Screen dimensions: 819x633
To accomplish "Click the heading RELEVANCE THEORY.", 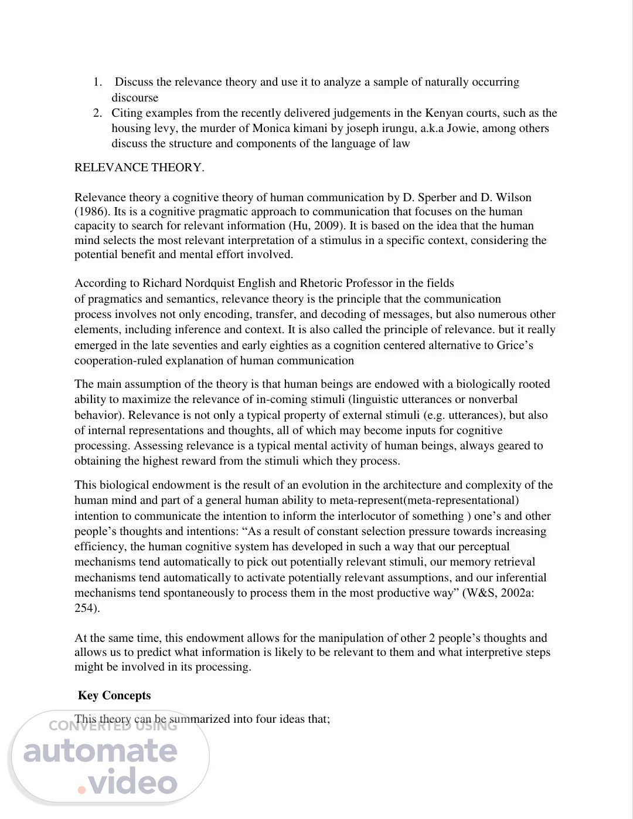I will click(139, 168).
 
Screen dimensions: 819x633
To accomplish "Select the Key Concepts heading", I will click(114, 696).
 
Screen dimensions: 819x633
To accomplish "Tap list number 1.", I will click(97, 82).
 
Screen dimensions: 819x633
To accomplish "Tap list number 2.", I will click(97, 113).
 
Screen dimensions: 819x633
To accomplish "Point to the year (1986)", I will click(90, 212).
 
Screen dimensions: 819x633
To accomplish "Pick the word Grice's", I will click(515, 346).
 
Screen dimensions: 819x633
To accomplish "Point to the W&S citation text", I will click(478, 593).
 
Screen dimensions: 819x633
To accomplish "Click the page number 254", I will click(86, 608).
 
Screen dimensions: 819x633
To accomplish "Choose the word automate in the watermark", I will click(100, 752).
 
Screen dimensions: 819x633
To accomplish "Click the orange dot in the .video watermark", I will click(82, 790).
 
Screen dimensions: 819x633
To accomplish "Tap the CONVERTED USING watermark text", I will click(113, 726).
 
